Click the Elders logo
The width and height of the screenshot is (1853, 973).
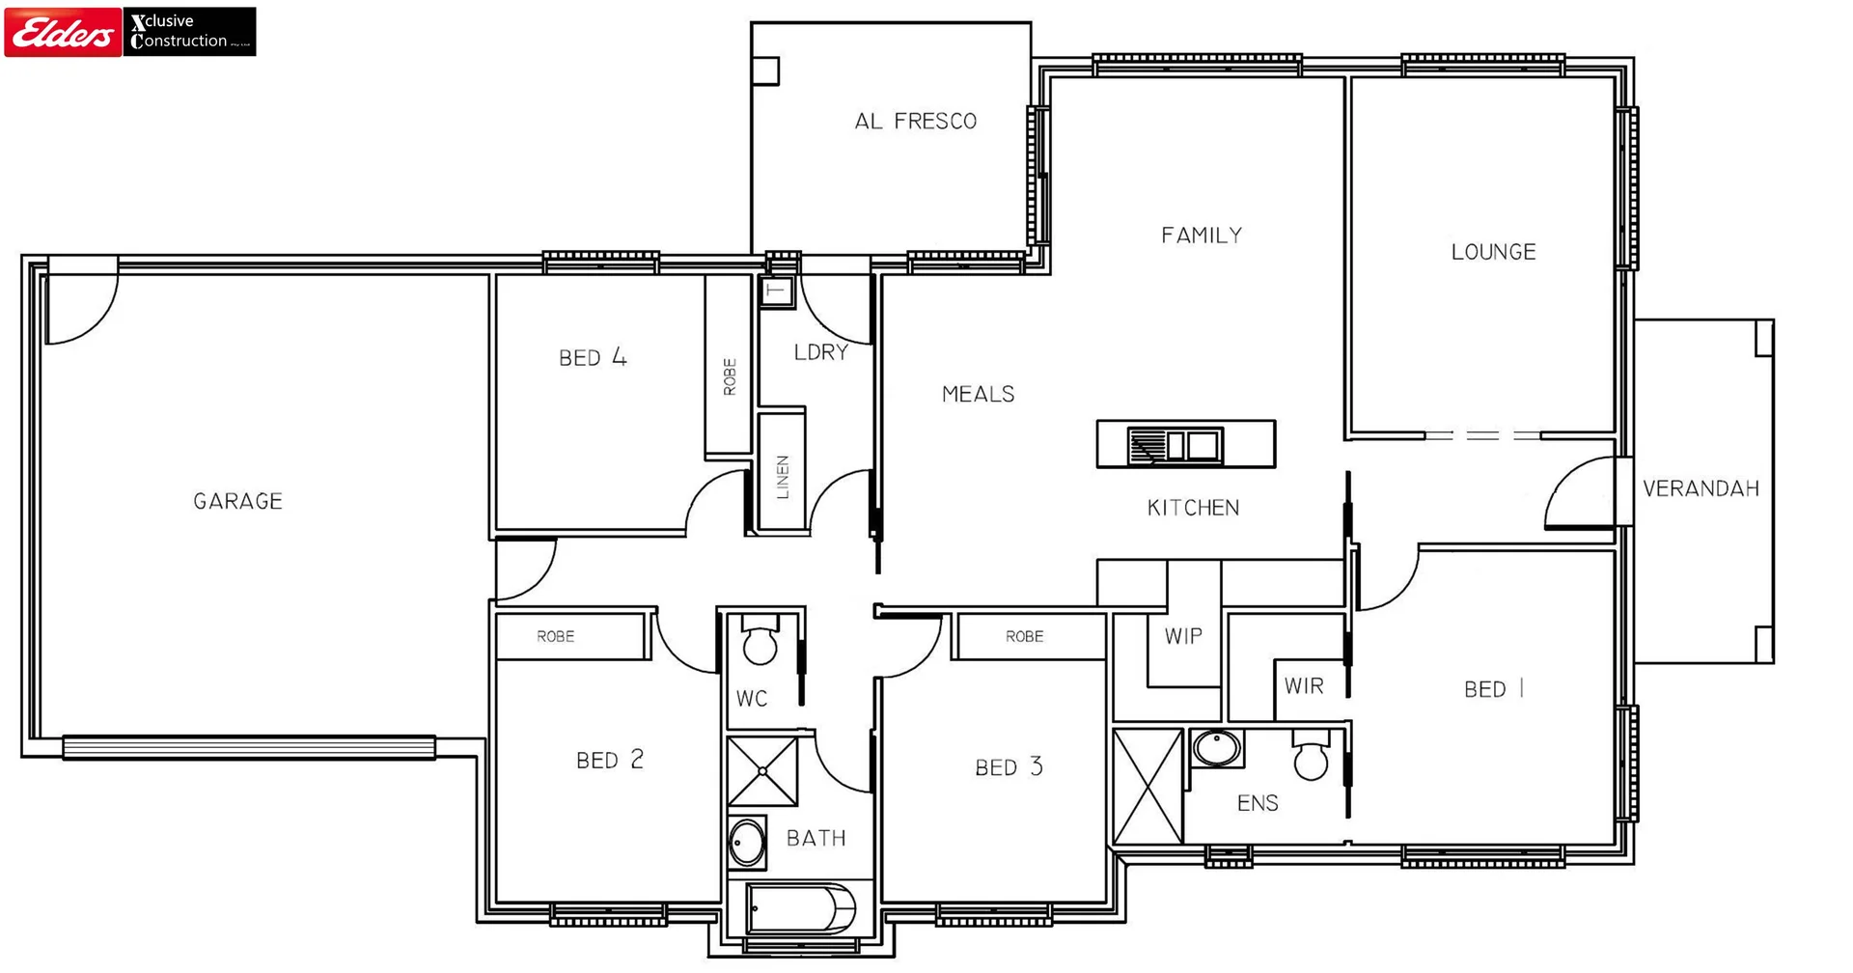coord(63,32)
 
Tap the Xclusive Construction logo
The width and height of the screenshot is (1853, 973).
coord(189,32)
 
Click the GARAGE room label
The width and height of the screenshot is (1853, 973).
coord(237,501)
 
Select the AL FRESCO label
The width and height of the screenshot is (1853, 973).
coord(915,122)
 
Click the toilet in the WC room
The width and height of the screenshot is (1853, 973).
coord(760,642)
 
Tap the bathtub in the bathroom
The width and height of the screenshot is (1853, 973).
coord(801,909)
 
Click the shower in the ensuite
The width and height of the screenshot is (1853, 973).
coord(1148,787)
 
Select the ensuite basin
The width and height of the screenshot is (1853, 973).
coord(1216,748)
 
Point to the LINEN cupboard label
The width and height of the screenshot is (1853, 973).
coord(783,477)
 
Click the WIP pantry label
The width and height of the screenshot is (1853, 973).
coord(1183,636)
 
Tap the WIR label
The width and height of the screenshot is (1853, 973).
coord(1304,686)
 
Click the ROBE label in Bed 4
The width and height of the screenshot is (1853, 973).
coord(730,376)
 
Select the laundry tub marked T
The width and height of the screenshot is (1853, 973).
coord(775,291)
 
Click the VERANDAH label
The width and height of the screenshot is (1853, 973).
coord(1701,489)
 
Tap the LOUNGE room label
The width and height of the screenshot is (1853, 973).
coord(1493,252)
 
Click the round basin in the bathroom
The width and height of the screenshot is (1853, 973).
coord(746,844)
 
